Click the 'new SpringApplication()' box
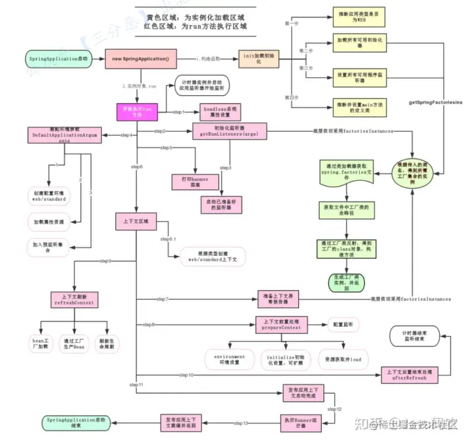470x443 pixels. coord(140,59)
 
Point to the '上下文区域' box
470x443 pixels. coord(136,221)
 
